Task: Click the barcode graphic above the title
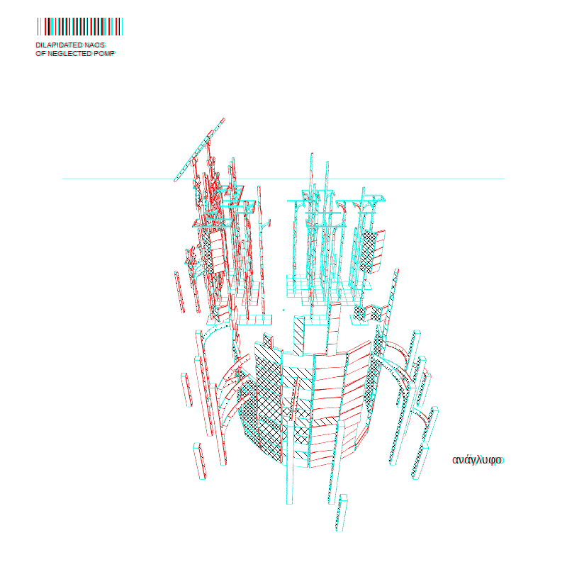(80, 27)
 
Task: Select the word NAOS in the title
(95, 45)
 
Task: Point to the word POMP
(104, 54)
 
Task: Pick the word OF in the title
(41, 54)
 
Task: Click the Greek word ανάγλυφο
(477, 460)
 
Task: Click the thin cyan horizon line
(283, 179)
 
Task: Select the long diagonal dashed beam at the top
(199, 150)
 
